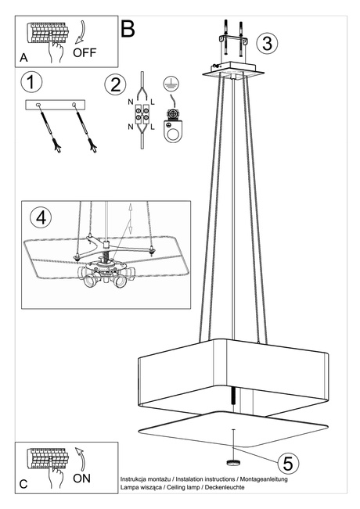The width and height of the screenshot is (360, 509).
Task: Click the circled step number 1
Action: point(32,81)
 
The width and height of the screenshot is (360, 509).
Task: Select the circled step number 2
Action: point(117,84)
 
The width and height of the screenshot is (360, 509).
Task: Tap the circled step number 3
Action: point(268,42)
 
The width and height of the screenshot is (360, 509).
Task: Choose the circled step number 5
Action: point(287,463)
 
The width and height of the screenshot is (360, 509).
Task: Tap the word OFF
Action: point(86,53)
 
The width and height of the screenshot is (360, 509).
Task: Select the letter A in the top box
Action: point(23,58)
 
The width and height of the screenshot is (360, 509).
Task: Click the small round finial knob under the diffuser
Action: point(233,451)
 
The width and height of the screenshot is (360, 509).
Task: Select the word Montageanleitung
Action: point(259,479)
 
